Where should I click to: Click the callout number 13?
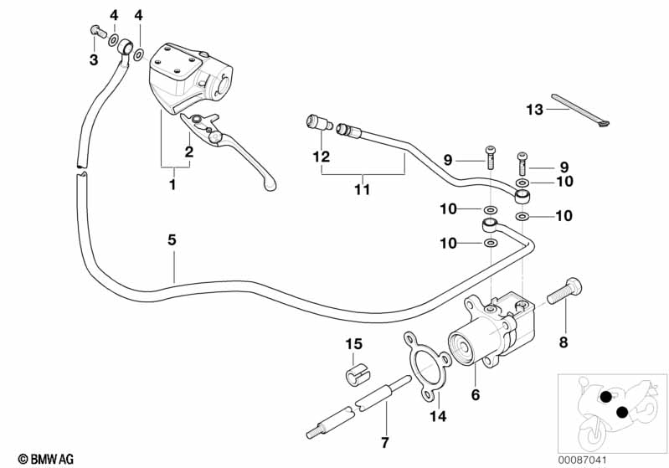535,109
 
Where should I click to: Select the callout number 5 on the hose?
172,239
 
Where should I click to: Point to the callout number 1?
172,183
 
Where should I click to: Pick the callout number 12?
322,156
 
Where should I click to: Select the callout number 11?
361,190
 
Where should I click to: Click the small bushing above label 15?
355,372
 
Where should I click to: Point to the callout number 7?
385,441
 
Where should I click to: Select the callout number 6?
476,394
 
